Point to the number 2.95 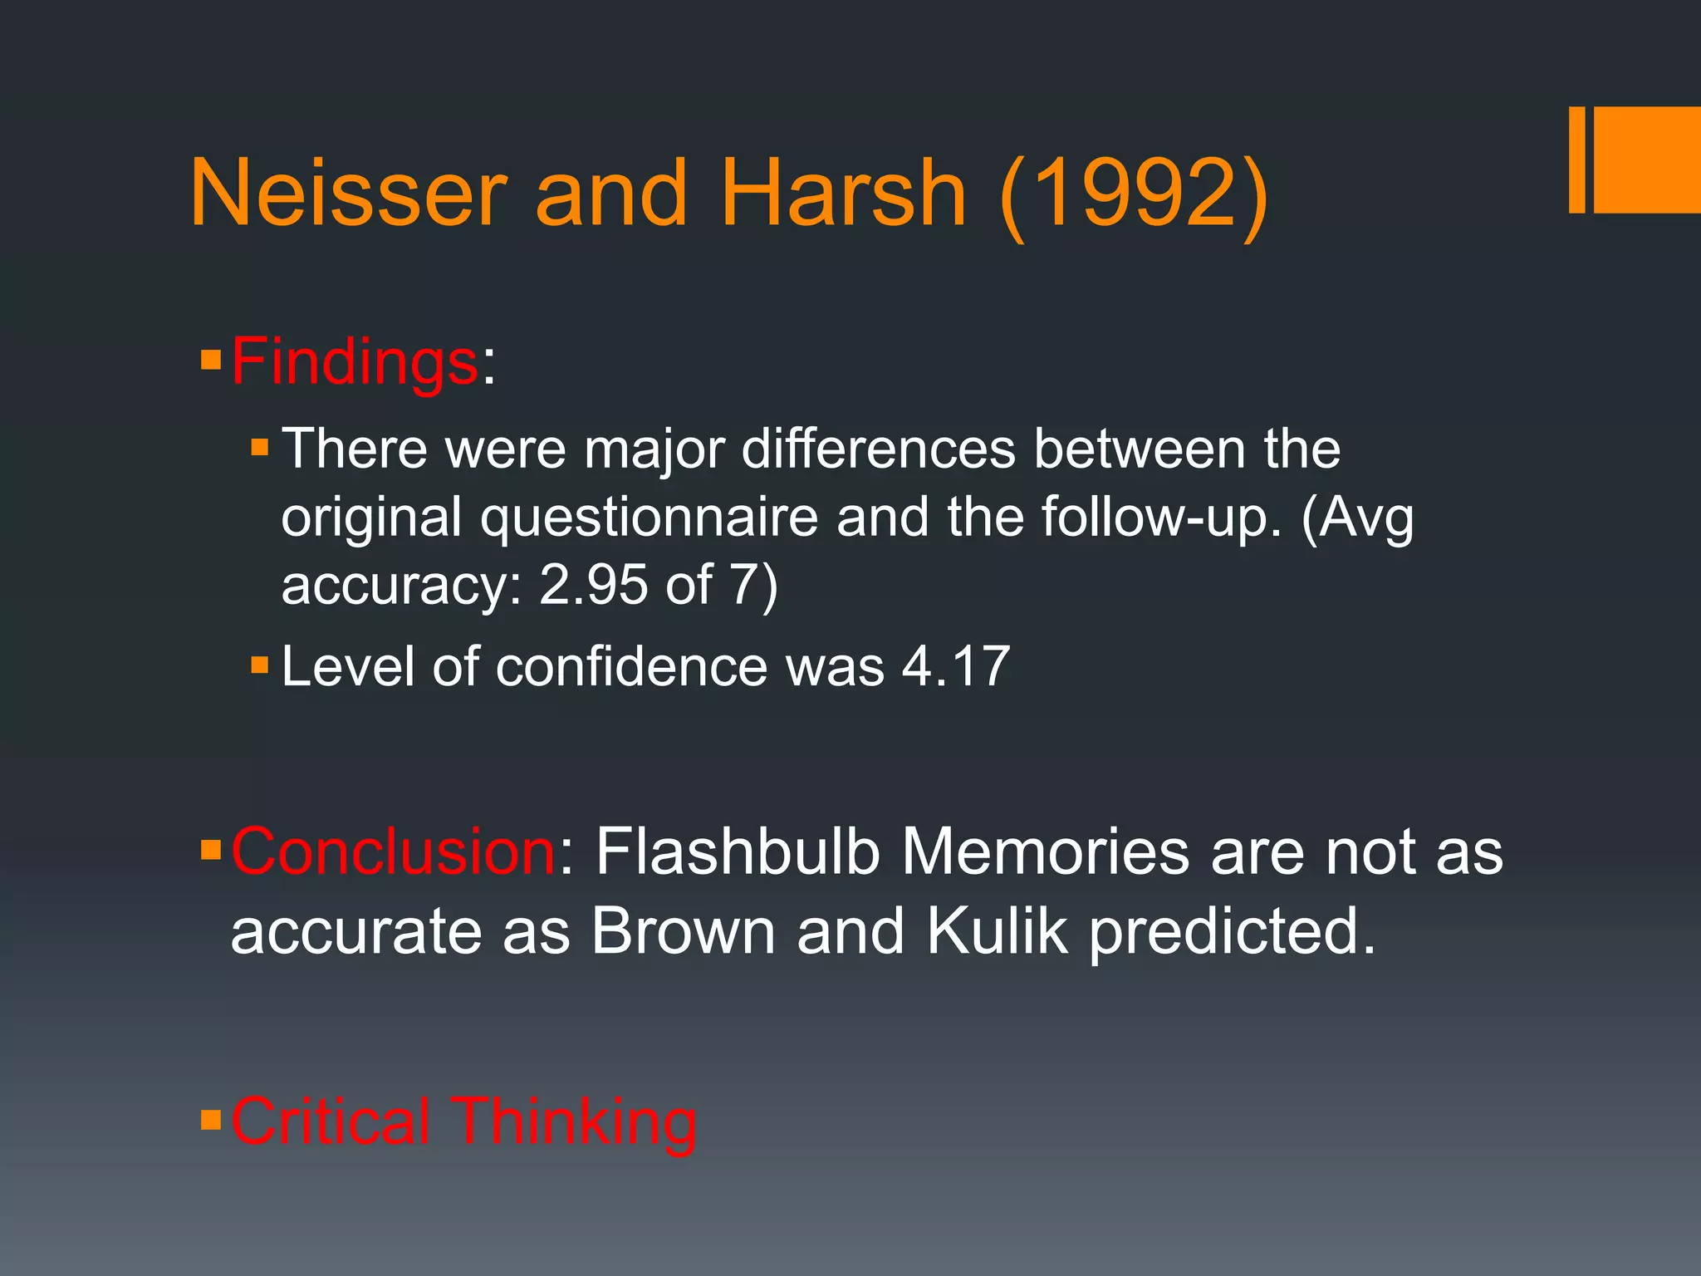(593, 584)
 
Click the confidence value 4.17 (956, 666)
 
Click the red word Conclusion (393, 851)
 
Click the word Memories (1046, 851)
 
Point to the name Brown (683, 931)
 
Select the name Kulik (996, 931)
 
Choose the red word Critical (331, 1121)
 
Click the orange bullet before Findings (211, 361)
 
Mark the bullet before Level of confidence (260, 665)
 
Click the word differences (878, 449)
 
